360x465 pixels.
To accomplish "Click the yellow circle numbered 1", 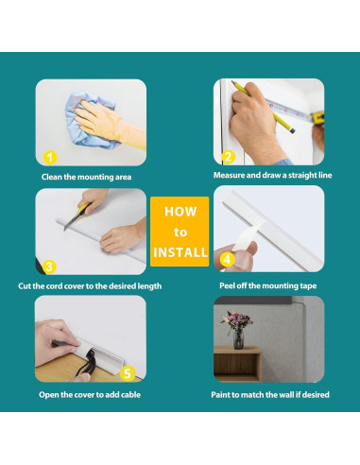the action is (50, 158).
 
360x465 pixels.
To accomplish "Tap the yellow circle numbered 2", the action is (229, 157).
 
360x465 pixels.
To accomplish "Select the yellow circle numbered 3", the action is (49, 267).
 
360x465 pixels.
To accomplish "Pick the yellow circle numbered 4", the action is (227, 260).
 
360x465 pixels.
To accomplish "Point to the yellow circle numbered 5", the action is (128, 373).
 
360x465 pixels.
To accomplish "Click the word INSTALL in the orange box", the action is (180, 252).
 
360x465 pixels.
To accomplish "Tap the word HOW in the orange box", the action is (180, 212).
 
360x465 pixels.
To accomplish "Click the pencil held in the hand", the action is (262, 106).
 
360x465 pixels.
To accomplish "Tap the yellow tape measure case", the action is (317, 117).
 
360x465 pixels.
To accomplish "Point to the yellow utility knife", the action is (77, 216).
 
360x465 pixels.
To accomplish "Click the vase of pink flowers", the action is (237, 329).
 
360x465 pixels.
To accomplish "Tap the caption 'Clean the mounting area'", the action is (86, 177).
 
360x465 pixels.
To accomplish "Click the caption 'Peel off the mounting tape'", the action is (268, 285).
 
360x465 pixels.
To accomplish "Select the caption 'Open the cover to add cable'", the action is (90, 395).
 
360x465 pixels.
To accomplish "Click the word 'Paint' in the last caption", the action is (220, 395).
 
